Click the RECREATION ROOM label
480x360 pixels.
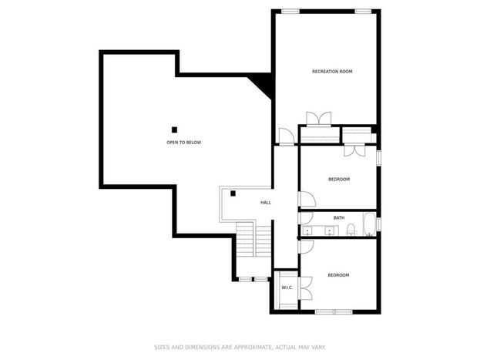coord(332,72)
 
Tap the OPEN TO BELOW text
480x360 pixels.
coord(183,143)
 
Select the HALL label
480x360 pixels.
coord(266,203)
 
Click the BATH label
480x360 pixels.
coord(339,218)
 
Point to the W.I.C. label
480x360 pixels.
coord(287,288)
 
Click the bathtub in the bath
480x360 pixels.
coord(370,224)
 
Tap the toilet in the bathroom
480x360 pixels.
coord(351,230)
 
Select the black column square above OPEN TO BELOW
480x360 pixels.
coord(174,130)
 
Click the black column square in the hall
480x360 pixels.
coord(233,193)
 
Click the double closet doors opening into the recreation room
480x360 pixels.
coord(319,119)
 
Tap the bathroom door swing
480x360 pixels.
coord(306,218)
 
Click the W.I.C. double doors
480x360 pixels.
coord(305,288)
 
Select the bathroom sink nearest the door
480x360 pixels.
coord(307,230)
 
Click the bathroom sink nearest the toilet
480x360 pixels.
coord(330,230)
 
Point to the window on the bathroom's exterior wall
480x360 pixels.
coord(378,224)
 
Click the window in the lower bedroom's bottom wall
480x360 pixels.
coord(334,312)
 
